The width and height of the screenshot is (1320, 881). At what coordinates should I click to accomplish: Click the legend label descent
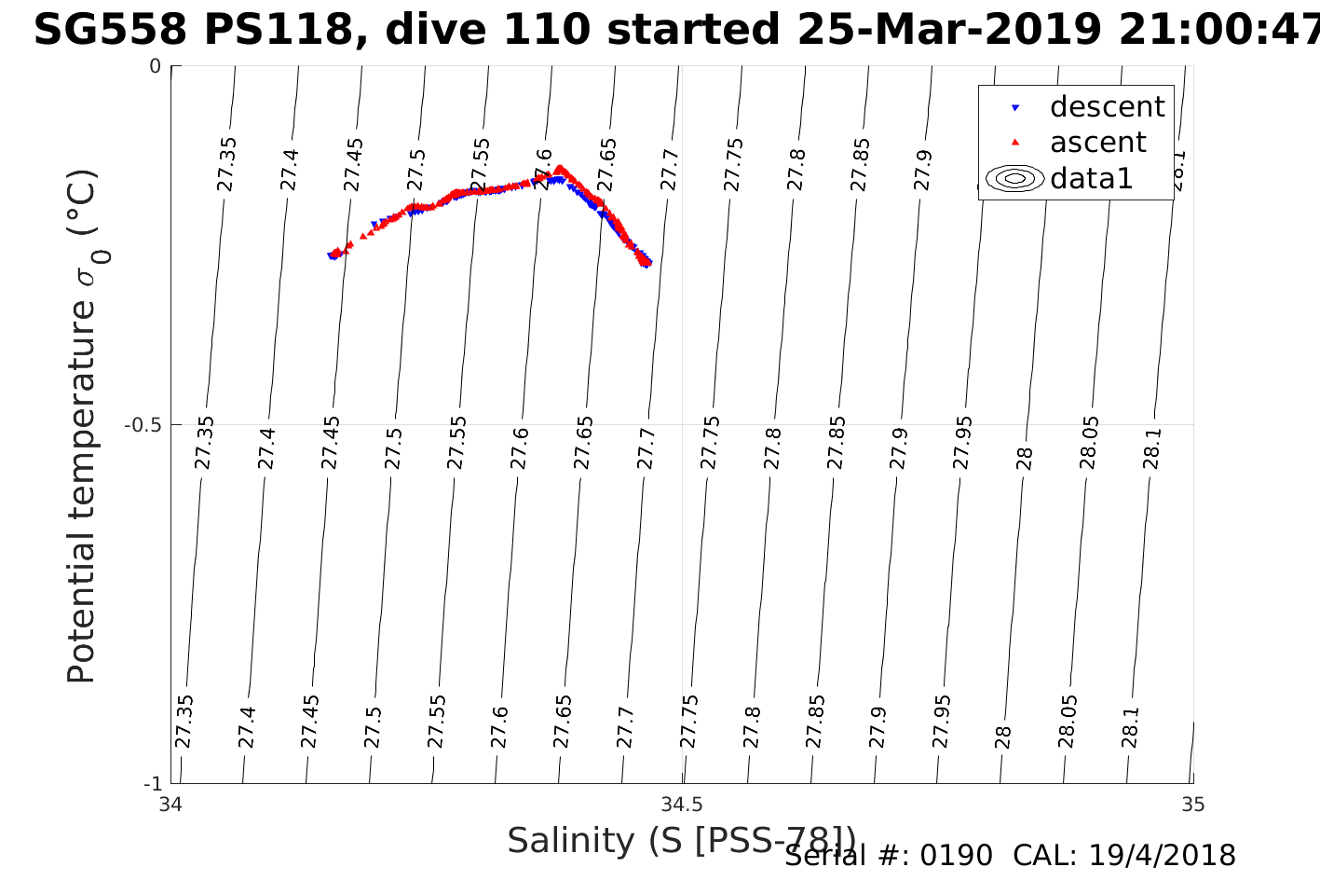tap(1107, 107)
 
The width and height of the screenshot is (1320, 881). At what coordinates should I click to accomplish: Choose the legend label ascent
tap(1097, 143)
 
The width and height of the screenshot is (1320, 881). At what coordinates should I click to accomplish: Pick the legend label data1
tap(1091, 178)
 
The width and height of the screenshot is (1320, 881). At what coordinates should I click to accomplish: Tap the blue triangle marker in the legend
tap(1015, 108)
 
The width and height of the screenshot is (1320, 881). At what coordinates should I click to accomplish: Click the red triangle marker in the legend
tap(1015, 143)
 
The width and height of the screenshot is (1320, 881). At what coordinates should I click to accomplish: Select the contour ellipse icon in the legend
tap(1015, 178)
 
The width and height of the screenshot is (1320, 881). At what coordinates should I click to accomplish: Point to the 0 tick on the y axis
tap(156, 66)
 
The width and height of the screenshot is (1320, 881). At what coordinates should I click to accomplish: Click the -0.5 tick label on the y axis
tap(144, 425)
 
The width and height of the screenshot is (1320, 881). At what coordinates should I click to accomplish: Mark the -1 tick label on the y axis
tap(154, 783)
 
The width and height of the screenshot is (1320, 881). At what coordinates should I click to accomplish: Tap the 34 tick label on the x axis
tap(170, 804)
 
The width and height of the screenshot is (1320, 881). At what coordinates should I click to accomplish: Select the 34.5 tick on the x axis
tap(682, 804)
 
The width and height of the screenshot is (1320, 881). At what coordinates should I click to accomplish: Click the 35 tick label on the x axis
tap(1192, 804)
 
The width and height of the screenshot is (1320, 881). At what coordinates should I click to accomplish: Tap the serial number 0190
tap(957, 856)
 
